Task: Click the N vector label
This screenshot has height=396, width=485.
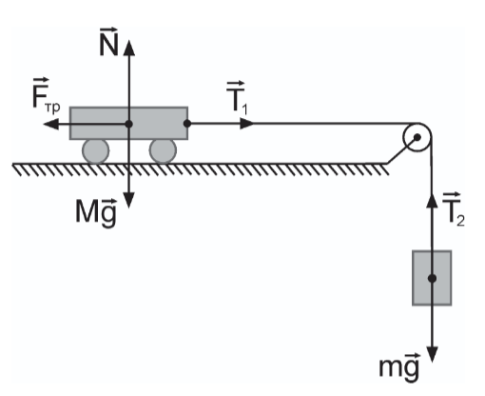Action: click(108, 42)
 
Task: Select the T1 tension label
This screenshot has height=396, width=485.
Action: click(237, 98)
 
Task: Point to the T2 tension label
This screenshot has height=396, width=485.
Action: click(454, 209)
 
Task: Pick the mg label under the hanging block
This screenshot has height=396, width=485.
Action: click(399, 366)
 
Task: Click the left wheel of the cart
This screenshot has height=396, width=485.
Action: click(96, 151)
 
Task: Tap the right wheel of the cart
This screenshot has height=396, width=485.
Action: click(163, 151)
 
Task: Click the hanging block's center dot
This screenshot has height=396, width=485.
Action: click(432, 278)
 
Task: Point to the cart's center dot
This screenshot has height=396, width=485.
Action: click(128, 124)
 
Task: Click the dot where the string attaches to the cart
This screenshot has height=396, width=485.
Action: click(187, 124)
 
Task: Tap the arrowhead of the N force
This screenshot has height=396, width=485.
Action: click(128, 48)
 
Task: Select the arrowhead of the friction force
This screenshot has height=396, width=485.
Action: click(51, 124)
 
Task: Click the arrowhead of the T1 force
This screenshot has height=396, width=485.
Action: click(247, 124)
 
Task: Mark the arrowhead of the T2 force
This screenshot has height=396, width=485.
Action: click(432, 200)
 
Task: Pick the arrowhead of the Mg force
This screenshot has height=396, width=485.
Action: click(128, 200)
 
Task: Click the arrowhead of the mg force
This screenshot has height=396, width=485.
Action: click(432, 354)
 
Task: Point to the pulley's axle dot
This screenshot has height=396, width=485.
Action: click(417, 137)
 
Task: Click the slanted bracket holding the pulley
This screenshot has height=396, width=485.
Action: click(400, 151)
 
